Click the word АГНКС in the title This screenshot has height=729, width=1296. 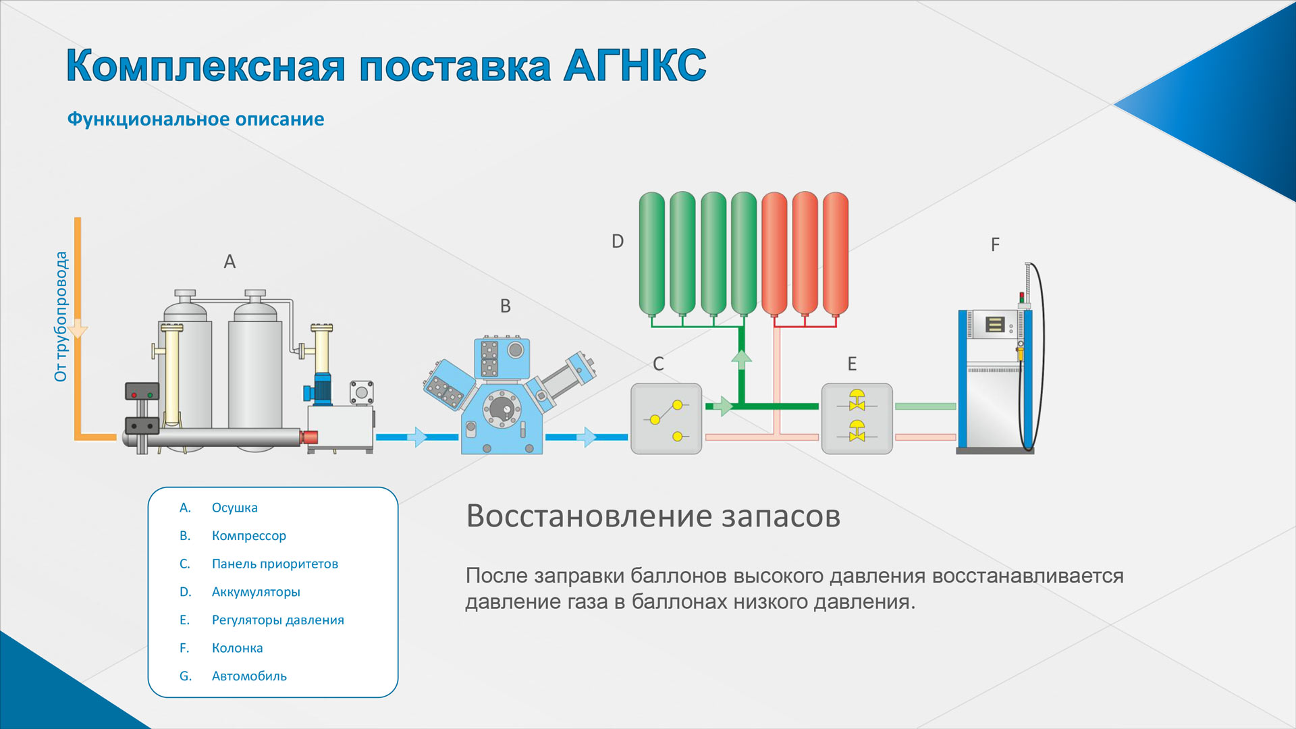coord(634,65)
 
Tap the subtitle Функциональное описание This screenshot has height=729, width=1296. coord(196,119)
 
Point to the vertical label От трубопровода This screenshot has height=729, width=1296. coord(61,317)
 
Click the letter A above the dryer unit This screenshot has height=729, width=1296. coord(230,261)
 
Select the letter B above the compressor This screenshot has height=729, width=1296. coord(506,306)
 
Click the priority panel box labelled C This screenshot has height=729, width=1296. coord(666,418)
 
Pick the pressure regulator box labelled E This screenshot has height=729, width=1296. coord(857,418)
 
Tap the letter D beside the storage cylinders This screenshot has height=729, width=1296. coord(618,241)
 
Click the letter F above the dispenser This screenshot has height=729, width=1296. coord(995,244)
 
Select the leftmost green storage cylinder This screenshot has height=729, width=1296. coord(652,254)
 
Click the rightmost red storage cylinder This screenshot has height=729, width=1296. coord(836,254)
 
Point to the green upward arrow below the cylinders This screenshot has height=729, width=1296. coord(742,360)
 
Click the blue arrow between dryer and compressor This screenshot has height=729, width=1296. coord(419,437)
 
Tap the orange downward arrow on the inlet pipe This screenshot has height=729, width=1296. coord(78,329)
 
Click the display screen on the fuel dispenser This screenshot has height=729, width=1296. coord(995,325)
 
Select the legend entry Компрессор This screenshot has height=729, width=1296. coord(249,536)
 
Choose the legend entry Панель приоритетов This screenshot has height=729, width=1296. coord(275,564)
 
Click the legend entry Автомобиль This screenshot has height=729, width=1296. coord(249,676)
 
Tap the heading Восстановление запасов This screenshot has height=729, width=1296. coord(653,516)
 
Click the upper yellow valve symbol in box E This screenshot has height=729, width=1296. coord(857,400)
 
